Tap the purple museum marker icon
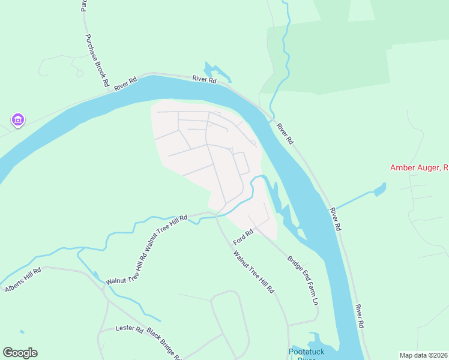17,121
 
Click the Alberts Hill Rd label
23,280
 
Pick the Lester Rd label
129,329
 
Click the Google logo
20,353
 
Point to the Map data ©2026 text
423,355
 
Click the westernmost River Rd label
126,83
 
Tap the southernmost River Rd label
360,316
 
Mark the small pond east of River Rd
379,190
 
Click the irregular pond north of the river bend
217,72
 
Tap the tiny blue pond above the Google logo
22,332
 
